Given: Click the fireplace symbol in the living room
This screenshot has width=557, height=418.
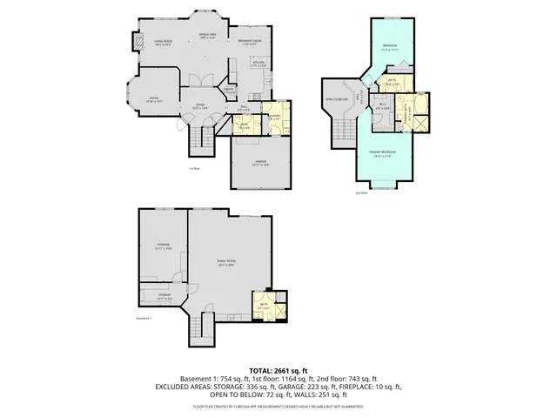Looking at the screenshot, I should [x=136, y=43].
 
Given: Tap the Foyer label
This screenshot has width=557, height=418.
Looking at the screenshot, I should [x=198, y=106].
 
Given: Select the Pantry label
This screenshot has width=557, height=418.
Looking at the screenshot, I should [x=229, y=90].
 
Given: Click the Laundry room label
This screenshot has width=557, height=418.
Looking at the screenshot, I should [x=274, y=117].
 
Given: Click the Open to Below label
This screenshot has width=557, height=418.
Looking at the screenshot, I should [x=338, y=99].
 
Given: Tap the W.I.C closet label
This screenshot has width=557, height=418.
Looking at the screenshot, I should [x=382, y=105].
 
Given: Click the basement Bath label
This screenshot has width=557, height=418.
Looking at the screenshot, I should [x=263, y=305].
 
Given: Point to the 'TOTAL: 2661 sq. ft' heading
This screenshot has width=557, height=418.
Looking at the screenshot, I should [x=279, y=370].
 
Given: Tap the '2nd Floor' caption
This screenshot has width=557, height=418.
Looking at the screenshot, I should [x=361, y=192].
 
